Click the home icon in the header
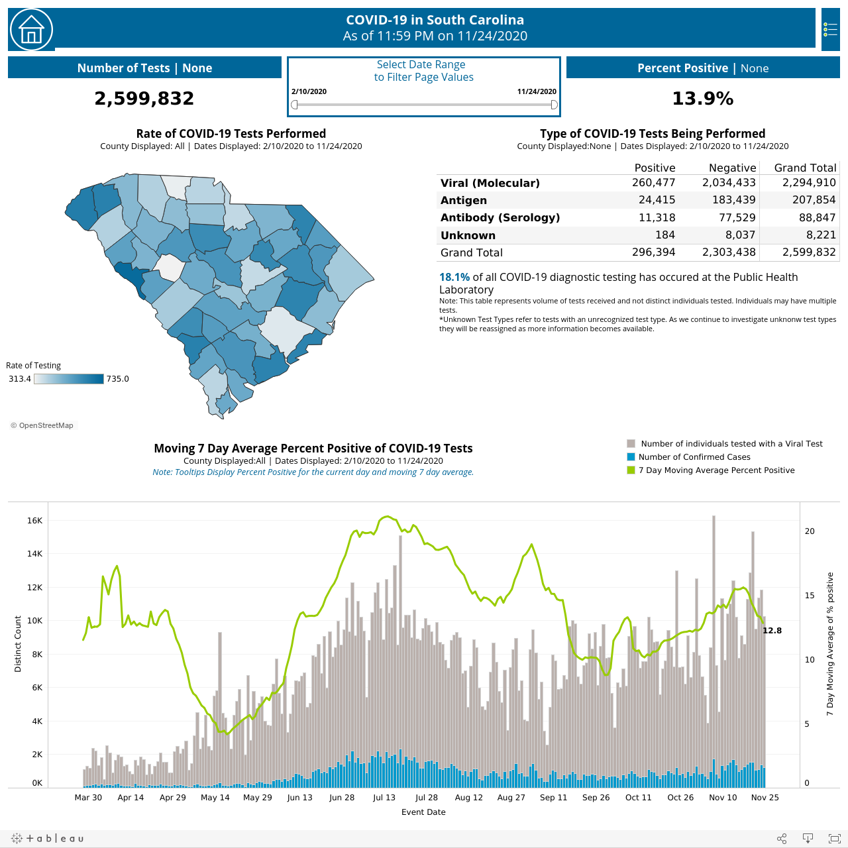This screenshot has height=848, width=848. pos(31,30)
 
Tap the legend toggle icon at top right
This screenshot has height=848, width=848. pos(830,30)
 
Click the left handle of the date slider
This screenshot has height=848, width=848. pos(294,105)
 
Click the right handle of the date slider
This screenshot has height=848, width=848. pos(554,105)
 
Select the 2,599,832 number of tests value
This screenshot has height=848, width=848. pos(144,98)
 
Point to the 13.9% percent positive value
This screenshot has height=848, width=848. pos(703,98)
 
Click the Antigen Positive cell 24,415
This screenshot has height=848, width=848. pos(657,200)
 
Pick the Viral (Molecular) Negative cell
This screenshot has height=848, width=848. pos(729,183)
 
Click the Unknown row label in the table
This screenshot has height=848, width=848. pos(468,235)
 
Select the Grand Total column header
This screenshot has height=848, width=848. pos(805,168)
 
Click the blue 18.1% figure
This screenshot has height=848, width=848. pos(454,277)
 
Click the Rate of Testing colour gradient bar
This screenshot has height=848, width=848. pos(69,379)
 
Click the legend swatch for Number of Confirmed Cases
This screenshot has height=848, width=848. pos(631,456)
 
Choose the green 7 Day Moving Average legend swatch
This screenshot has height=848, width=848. pos(631,470)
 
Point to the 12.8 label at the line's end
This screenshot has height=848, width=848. pos(772,631)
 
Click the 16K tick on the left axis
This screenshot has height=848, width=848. pos(34,521)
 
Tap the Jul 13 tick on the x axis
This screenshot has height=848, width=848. pos(384,798)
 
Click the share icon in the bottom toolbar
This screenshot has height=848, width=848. pos(782,838)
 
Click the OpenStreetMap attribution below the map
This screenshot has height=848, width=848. pos(42,425)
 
